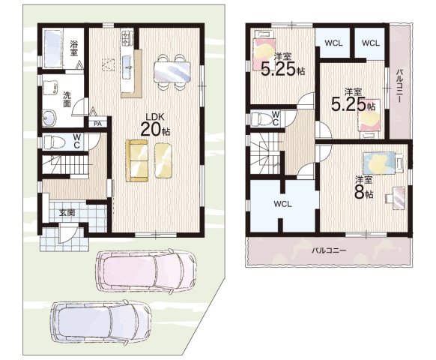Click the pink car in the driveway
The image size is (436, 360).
pyautogui.click(x=146, y=271)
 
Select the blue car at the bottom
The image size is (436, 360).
pyautogui.click(x=100, y=322)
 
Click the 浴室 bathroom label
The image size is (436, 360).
pyautogui.click(x=73, y=48)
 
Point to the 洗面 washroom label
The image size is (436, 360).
pyautogui.click(x=67, y=99)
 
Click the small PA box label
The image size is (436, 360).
pyautogui.click(x=97, y=124)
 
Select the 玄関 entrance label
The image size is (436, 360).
pyautogui.click(x=67, y=213)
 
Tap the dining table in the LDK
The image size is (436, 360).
pyautogui.click(x=172, y=72)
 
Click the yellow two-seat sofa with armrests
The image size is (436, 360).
pyautogui.click(x=137, y=160)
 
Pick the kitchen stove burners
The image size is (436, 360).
pyautogui.click(x=127, y=38)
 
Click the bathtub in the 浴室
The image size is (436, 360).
pyautogui.click(x=54, y=48)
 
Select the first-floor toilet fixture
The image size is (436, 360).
pyautogui.click(x=55, y=142)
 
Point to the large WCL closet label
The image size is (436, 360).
pyautogui.click(x=282, y=204)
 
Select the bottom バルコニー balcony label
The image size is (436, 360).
pyautogui.click(x=329, y=250)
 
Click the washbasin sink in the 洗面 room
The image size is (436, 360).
pyautogui.click(x=49, y=118)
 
